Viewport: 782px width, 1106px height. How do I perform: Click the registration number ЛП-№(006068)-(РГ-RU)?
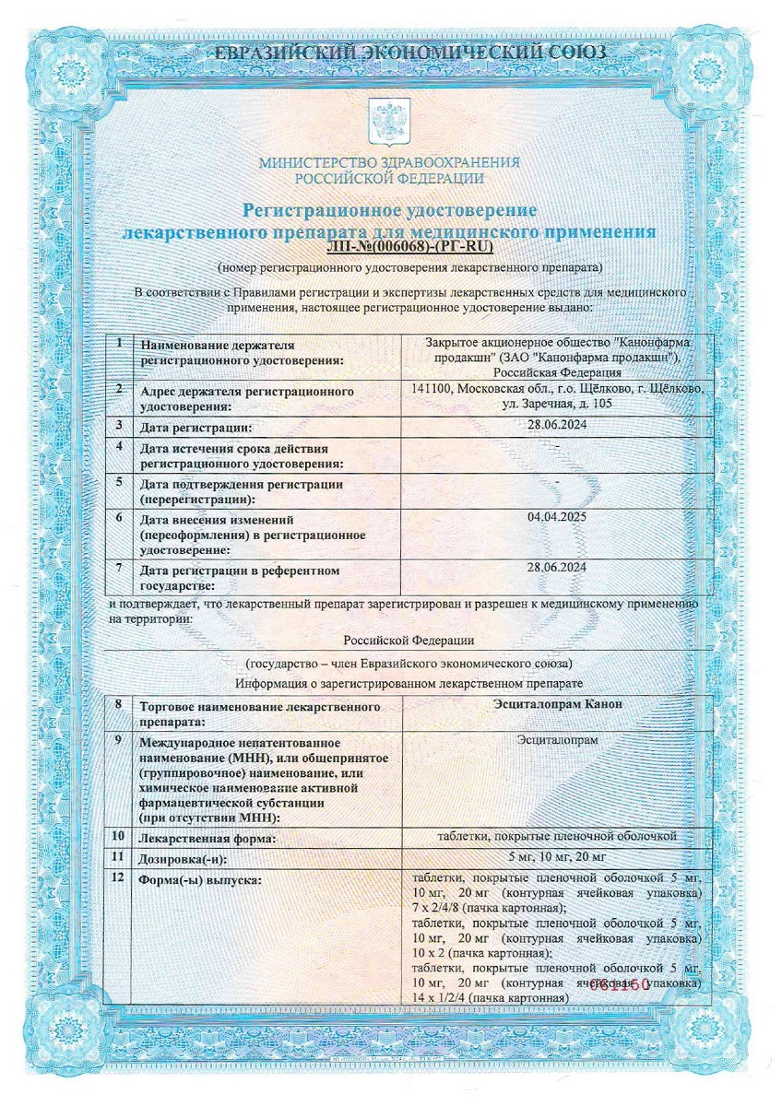pos(411,247)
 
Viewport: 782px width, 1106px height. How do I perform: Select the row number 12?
pos(118,877)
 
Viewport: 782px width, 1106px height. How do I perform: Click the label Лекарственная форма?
pos(207,839)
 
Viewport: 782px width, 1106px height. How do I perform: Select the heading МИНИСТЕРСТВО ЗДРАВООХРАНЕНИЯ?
pos(389,162)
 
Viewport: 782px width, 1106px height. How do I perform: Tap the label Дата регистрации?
pos(195,428)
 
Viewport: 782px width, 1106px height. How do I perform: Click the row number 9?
pos(118,739)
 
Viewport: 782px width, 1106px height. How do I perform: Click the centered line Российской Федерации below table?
pos(409,639)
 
